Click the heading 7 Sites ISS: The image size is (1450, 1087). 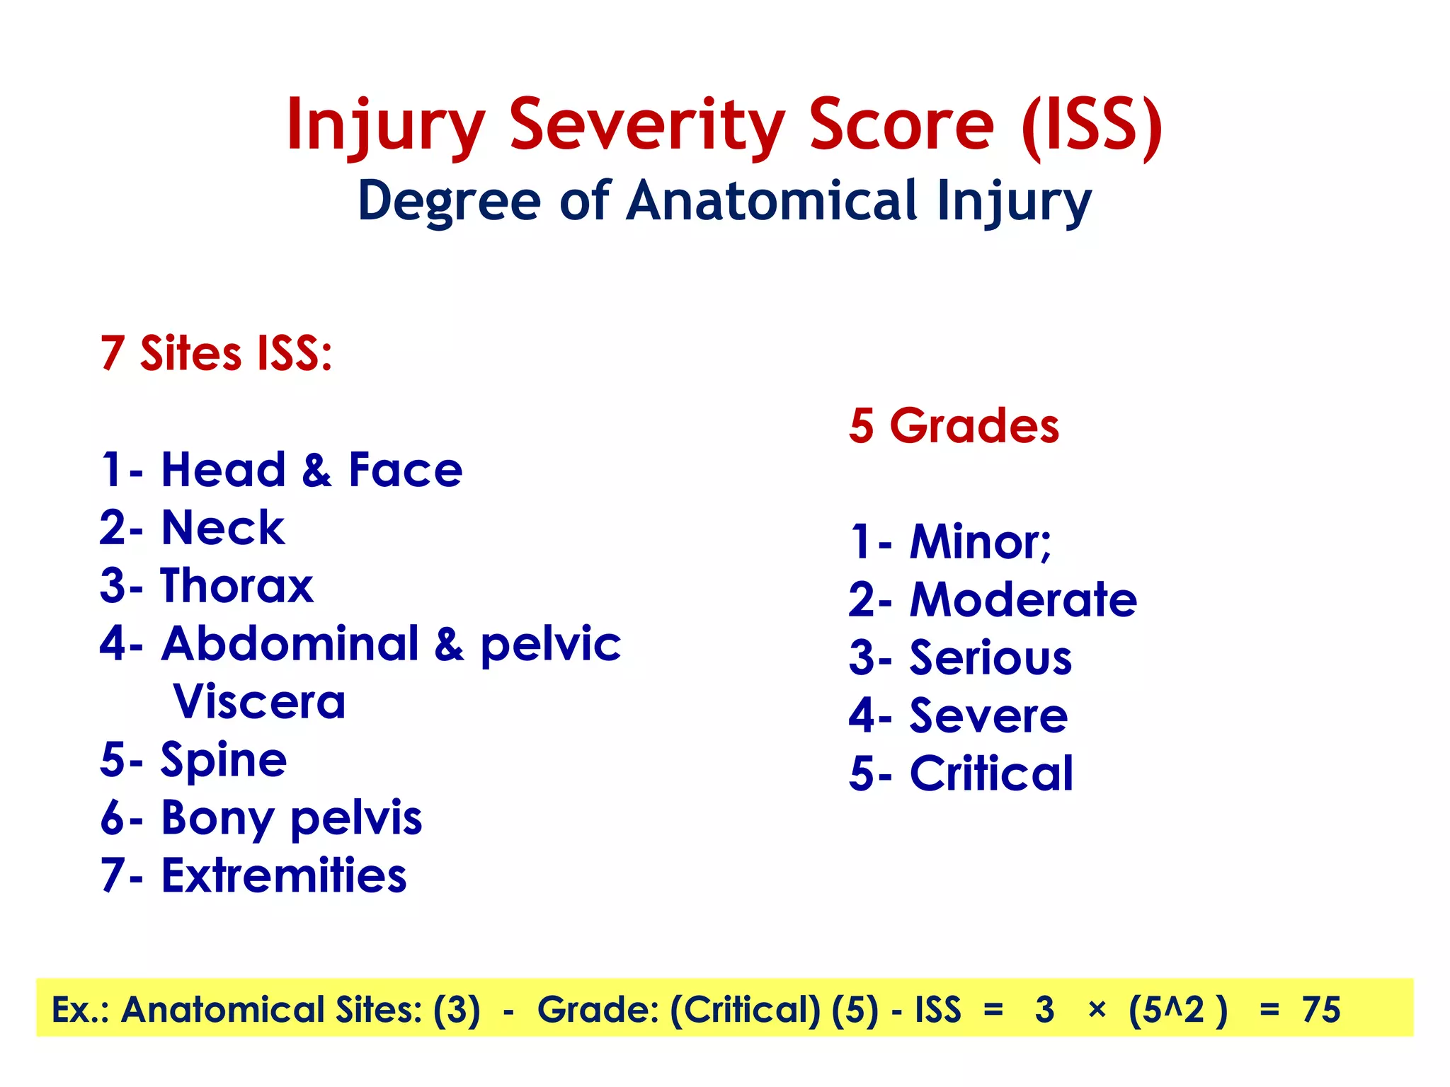216,353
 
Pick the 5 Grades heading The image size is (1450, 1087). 954,426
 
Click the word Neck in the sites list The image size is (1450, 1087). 223,528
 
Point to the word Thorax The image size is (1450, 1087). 236,586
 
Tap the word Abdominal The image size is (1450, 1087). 290,644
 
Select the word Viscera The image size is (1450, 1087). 259,702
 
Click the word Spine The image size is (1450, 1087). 224,760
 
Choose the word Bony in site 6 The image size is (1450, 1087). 217,819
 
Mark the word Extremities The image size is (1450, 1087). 284,876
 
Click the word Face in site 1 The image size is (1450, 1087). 405,470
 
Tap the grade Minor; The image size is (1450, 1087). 981,542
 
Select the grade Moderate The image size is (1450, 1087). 1023,600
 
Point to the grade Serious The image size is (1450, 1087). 991,658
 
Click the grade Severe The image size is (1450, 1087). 988,716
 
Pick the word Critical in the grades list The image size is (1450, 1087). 991,773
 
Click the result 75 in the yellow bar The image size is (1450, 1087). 1321,1009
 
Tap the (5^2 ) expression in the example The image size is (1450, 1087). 1177,1009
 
